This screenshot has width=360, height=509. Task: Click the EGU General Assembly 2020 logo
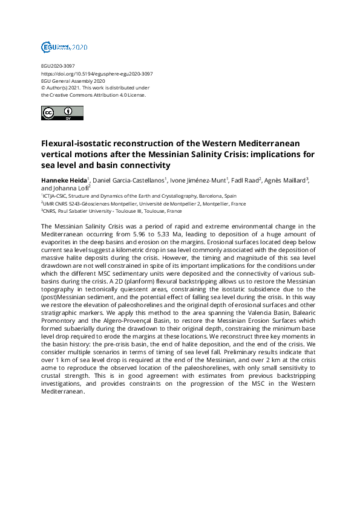[x=64, y=47]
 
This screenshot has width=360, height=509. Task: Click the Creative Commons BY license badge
[x=62, y=113]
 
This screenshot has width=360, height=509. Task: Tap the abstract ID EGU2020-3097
[x=58, y=66]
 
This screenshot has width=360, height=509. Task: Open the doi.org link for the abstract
[x=97, y=73]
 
